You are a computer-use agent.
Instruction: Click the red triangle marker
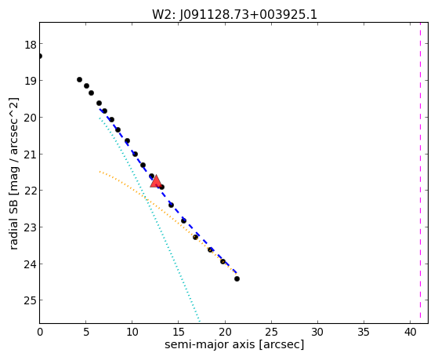(156, 181)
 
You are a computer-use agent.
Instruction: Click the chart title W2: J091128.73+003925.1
(234, 15)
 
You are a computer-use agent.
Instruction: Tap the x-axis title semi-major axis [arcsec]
(234, 344)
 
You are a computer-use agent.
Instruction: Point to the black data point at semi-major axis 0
(40, 56)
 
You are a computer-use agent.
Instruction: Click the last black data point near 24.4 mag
(237, 278)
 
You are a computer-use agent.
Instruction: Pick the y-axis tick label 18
(30, 45)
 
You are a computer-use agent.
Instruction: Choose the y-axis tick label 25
(30, 301)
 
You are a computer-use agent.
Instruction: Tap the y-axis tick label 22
(30, 191)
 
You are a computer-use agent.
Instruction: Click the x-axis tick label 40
(410, 333)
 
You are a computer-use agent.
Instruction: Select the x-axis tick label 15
(179, 333)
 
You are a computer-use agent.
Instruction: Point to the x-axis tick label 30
(317, 333)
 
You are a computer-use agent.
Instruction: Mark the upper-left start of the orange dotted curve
(100, 172)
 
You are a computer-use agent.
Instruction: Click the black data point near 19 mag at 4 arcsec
(79, 80)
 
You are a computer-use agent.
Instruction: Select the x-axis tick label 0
(40, 333)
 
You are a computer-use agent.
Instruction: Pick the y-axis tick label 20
(30, 118)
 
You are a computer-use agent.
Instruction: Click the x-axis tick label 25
(271, 333)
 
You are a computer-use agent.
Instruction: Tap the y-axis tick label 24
(30, 264)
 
